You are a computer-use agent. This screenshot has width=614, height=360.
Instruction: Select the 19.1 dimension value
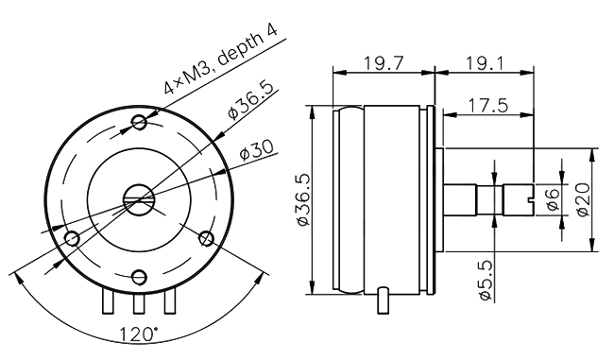(x=484, y=63)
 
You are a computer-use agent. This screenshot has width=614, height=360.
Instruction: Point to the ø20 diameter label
(x=585, y=200)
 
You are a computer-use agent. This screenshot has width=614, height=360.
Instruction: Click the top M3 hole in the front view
(x=141, y=121)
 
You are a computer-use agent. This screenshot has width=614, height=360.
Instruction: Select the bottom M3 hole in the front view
(x=140, y=276)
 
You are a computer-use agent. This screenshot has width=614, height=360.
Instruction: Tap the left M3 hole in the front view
(x=71, y=237)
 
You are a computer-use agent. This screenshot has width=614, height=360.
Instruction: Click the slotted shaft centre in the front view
(x=139, y=197)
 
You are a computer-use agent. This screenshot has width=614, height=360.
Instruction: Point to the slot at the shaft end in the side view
(x=529, y=199)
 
